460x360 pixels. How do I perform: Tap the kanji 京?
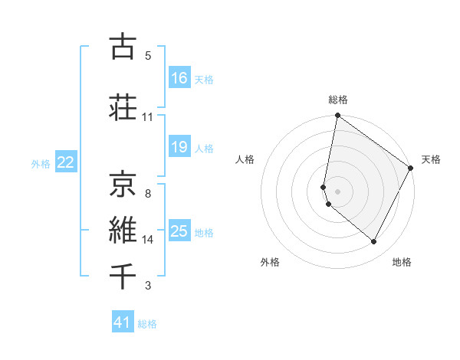pos(123,182)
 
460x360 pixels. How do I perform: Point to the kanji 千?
pos(123,276)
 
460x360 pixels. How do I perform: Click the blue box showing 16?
pos(179,78)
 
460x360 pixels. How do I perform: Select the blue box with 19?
pos(179,147)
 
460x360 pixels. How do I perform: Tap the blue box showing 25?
pos(179,231)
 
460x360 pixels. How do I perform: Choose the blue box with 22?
pos(66,162)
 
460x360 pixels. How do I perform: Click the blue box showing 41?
pos(123,322)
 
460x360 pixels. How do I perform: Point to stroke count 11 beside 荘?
pos(148,117)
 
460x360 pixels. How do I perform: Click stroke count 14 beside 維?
pos(148,239)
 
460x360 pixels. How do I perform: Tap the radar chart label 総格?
pos(338,100)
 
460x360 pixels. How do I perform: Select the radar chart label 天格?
pos(432,159)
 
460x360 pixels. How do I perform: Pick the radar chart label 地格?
pos(402,262)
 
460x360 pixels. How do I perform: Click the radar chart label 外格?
pos(270,262)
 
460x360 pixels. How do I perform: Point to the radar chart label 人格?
pos(245,159)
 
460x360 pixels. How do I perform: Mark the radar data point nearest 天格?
pos(411,169)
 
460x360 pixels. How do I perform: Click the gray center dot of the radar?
pos(338,191)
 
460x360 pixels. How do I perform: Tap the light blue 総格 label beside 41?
pos(147,324)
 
